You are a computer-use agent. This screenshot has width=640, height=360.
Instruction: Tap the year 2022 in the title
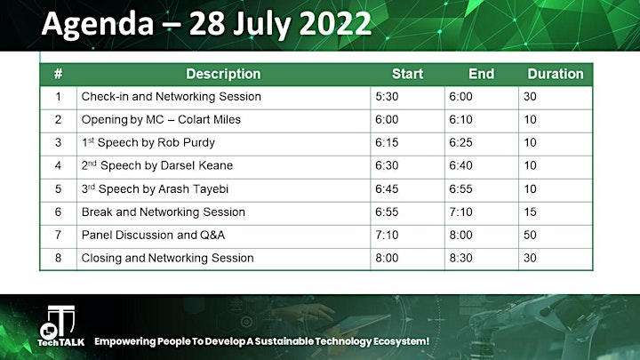pos(335,24)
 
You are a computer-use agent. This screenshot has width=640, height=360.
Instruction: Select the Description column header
pos(223,74)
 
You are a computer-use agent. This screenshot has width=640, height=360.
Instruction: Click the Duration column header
pos(556,74)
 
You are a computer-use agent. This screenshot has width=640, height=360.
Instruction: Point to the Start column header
pos(407,74)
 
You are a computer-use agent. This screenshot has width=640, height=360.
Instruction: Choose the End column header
pos(481,74)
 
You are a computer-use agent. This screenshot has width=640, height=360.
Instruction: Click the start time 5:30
pos(387,97)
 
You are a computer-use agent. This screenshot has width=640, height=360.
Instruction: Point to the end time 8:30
pos(460,258)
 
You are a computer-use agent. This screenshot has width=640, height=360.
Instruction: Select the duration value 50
pos(530,235)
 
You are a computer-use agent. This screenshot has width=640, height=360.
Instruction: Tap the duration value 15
pos(530,212)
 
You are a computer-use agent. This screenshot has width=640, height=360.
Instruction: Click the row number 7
pos(58,235)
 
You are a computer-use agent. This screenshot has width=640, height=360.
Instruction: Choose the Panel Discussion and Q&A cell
pos(153,235)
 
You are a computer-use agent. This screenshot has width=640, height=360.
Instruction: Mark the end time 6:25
pos(460,142)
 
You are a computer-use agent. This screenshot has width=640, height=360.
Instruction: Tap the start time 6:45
pos(387,189)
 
